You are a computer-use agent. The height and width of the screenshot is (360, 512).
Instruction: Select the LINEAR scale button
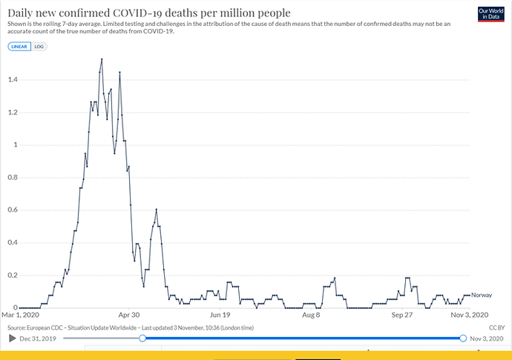tap(19, 46)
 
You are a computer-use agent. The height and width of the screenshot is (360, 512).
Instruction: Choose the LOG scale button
tap(40, 46)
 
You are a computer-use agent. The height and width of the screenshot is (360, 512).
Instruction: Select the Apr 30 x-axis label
tap(129, 315)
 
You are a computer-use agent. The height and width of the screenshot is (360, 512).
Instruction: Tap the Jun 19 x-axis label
tap(220, 315)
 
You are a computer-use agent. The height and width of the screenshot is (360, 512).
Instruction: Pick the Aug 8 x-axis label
tap(312, 315)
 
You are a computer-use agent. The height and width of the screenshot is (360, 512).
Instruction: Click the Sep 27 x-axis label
tap(402, 315)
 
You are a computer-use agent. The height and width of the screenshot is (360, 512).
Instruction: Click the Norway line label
tap(482, 295)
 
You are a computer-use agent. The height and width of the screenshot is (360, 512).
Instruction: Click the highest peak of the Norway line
tap(102, 59)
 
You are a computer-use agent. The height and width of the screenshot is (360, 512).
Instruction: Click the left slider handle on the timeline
tap(142, 338)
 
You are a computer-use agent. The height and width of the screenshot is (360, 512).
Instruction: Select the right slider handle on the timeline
tap(462, 338)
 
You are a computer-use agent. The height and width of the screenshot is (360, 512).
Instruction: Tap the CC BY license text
tap(496, 327)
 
